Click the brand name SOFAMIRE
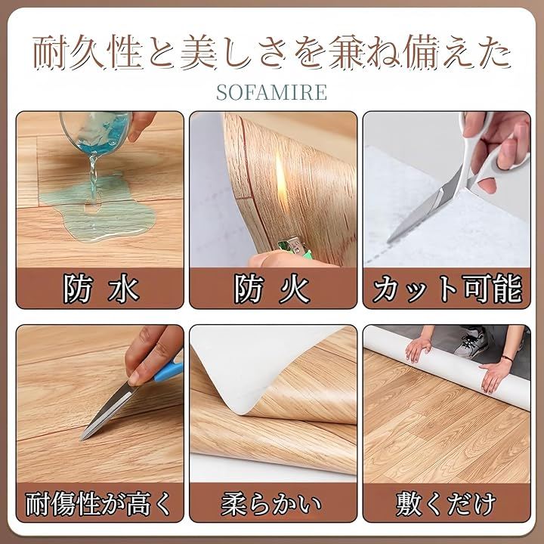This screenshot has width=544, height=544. click(272, 92)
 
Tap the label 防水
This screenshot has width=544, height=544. click(101, 289)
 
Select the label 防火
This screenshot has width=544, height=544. click(273, 289)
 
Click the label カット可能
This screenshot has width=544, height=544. click(447, 289)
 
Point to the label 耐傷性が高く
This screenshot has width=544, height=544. click(99, 502)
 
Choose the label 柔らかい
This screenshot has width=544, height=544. click(272, 503)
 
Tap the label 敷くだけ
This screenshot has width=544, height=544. click(447, 503)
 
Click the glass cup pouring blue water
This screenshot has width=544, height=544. click(96, 131)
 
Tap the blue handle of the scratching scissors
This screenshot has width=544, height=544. click(169, 369)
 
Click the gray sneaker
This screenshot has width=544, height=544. click(471, 342)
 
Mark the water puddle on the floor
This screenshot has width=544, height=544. click(99, 209)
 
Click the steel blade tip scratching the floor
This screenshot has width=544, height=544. click(82, 439)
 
